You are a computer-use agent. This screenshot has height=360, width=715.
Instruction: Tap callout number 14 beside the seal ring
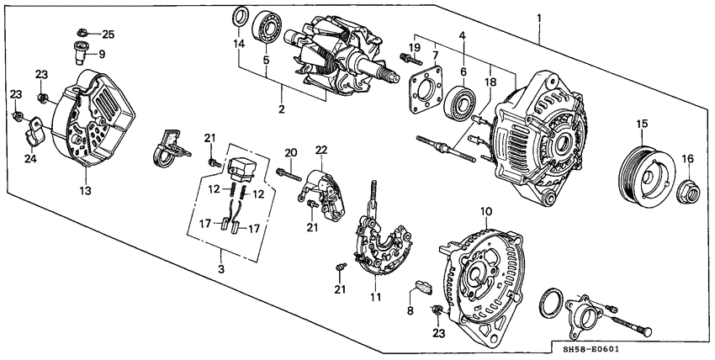tap(238, 42)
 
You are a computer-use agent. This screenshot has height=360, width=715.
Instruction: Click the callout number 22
tap(320, 150)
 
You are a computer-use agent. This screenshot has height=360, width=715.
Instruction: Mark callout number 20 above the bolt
tap(291, 152)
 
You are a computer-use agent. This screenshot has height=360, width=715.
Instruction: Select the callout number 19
tap(414, 47)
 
